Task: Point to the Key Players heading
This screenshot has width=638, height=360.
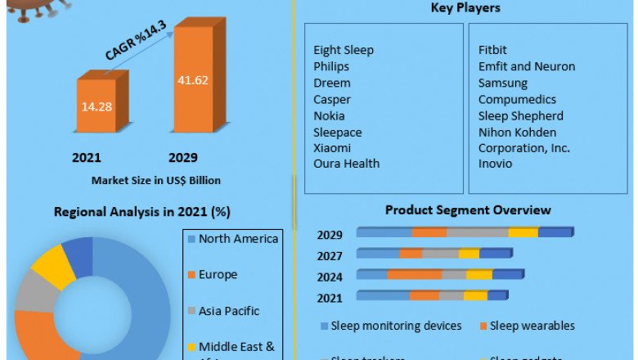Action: (465, 8)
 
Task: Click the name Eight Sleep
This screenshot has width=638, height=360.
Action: (344, 50)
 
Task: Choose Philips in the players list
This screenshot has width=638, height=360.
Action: (331, 66)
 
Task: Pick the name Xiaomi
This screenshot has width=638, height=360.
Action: (332, 147)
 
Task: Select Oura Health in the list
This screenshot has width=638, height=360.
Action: (346, 164)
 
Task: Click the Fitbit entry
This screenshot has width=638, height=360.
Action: (492, 50)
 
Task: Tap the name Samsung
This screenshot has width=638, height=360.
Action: (503, 83)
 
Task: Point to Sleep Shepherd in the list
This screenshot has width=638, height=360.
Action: (520, 115)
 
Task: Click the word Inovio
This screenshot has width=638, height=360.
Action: (495, 164)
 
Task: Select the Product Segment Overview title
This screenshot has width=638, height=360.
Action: (468, 210)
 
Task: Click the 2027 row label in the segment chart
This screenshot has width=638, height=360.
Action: (330, 255)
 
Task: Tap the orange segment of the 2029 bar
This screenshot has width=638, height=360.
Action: (429, 233)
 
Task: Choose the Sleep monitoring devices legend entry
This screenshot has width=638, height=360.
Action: (397, 326)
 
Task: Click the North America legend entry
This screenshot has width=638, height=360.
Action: (238, 239)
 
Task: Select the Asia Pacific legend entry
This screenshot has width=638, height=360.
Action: (229, 311)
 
